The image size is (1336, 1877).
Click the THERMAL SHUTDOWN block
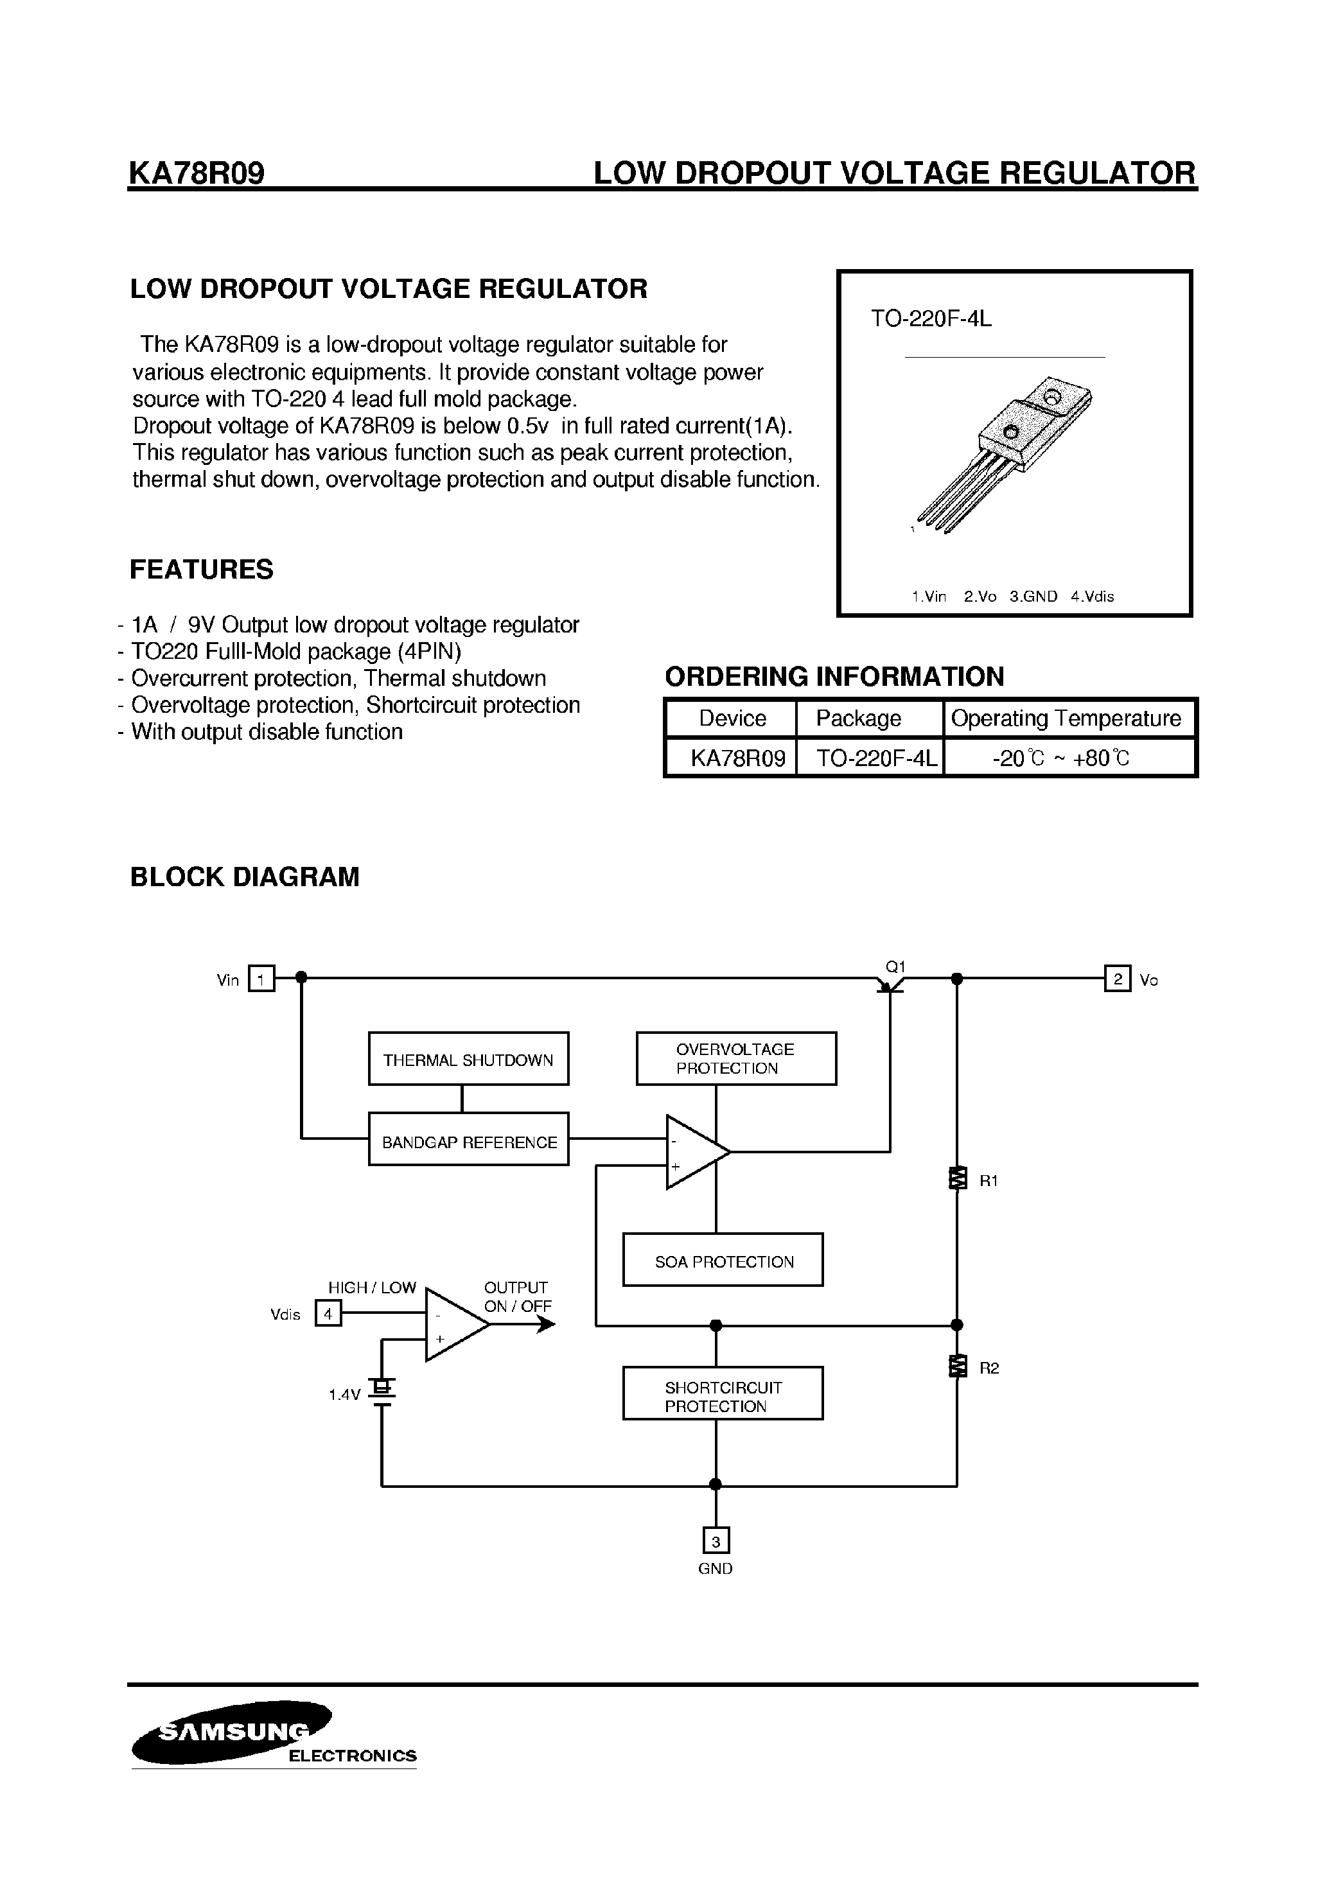click(x=468, y=1059)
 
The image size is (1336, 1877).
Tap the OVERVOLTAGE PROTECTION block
click(x=735, y=1059)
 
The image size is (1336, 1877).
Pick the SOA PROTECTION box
click(x=723, y=1259)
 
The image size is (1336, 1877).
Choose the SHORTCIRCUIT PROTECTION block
click(x=723, y=1393)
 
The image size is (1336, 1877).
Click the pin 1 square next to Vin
click(x=261, y=979)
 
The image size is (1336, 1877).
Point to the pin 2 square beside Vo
click(x=1116, y=979)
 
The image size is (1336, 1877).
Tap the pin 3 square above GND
click(x=716, y=1540)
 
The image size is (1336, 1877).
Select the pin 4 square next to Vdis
click(x=328, y=1314)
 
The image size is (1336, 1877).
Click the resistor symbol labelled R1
click(x=957, y=1179)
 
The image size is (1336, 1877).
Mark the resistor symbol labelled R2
click(x=957, y=1366)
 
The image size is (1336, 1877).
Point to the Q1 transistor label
click(x=895, y=966)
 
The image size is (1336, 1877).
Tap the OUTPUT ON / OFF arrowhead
click(x=546, y=1324)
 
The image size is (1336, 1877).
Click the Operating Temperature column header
click(x=1066, y=718)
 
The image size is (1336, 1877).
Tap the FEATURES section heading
click(x=202, y=569)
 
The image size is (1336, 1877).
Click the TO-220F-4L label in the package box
click(x=931, y=319)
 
